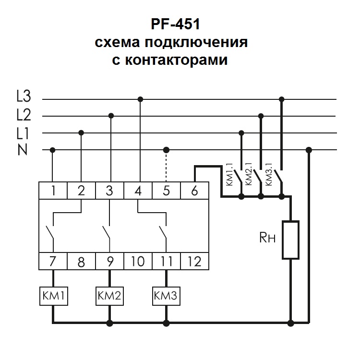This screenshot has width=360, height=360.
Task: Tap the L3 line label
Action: [23, 97]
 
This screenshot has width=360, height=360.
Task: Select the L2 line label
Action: [23, 115]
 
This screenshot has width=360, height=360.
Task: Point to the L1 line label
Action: [23, 132]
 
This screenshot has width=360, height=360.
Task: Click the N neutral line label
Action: [23, 150]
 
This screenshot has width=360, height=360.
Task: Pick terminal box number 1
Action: [53, 191]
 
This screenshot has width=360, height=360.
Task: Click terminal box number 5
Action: [167, 191]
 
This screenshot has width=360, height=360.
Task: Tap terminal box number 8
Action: [81, 262]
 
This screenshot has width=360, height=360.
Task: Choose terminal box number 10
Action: [138, 262]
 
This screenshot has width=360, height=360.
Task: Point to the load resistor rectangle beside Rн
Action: [290, 240]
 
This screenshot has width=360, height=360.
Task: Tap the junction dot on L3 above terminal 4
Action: [140, 99]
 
